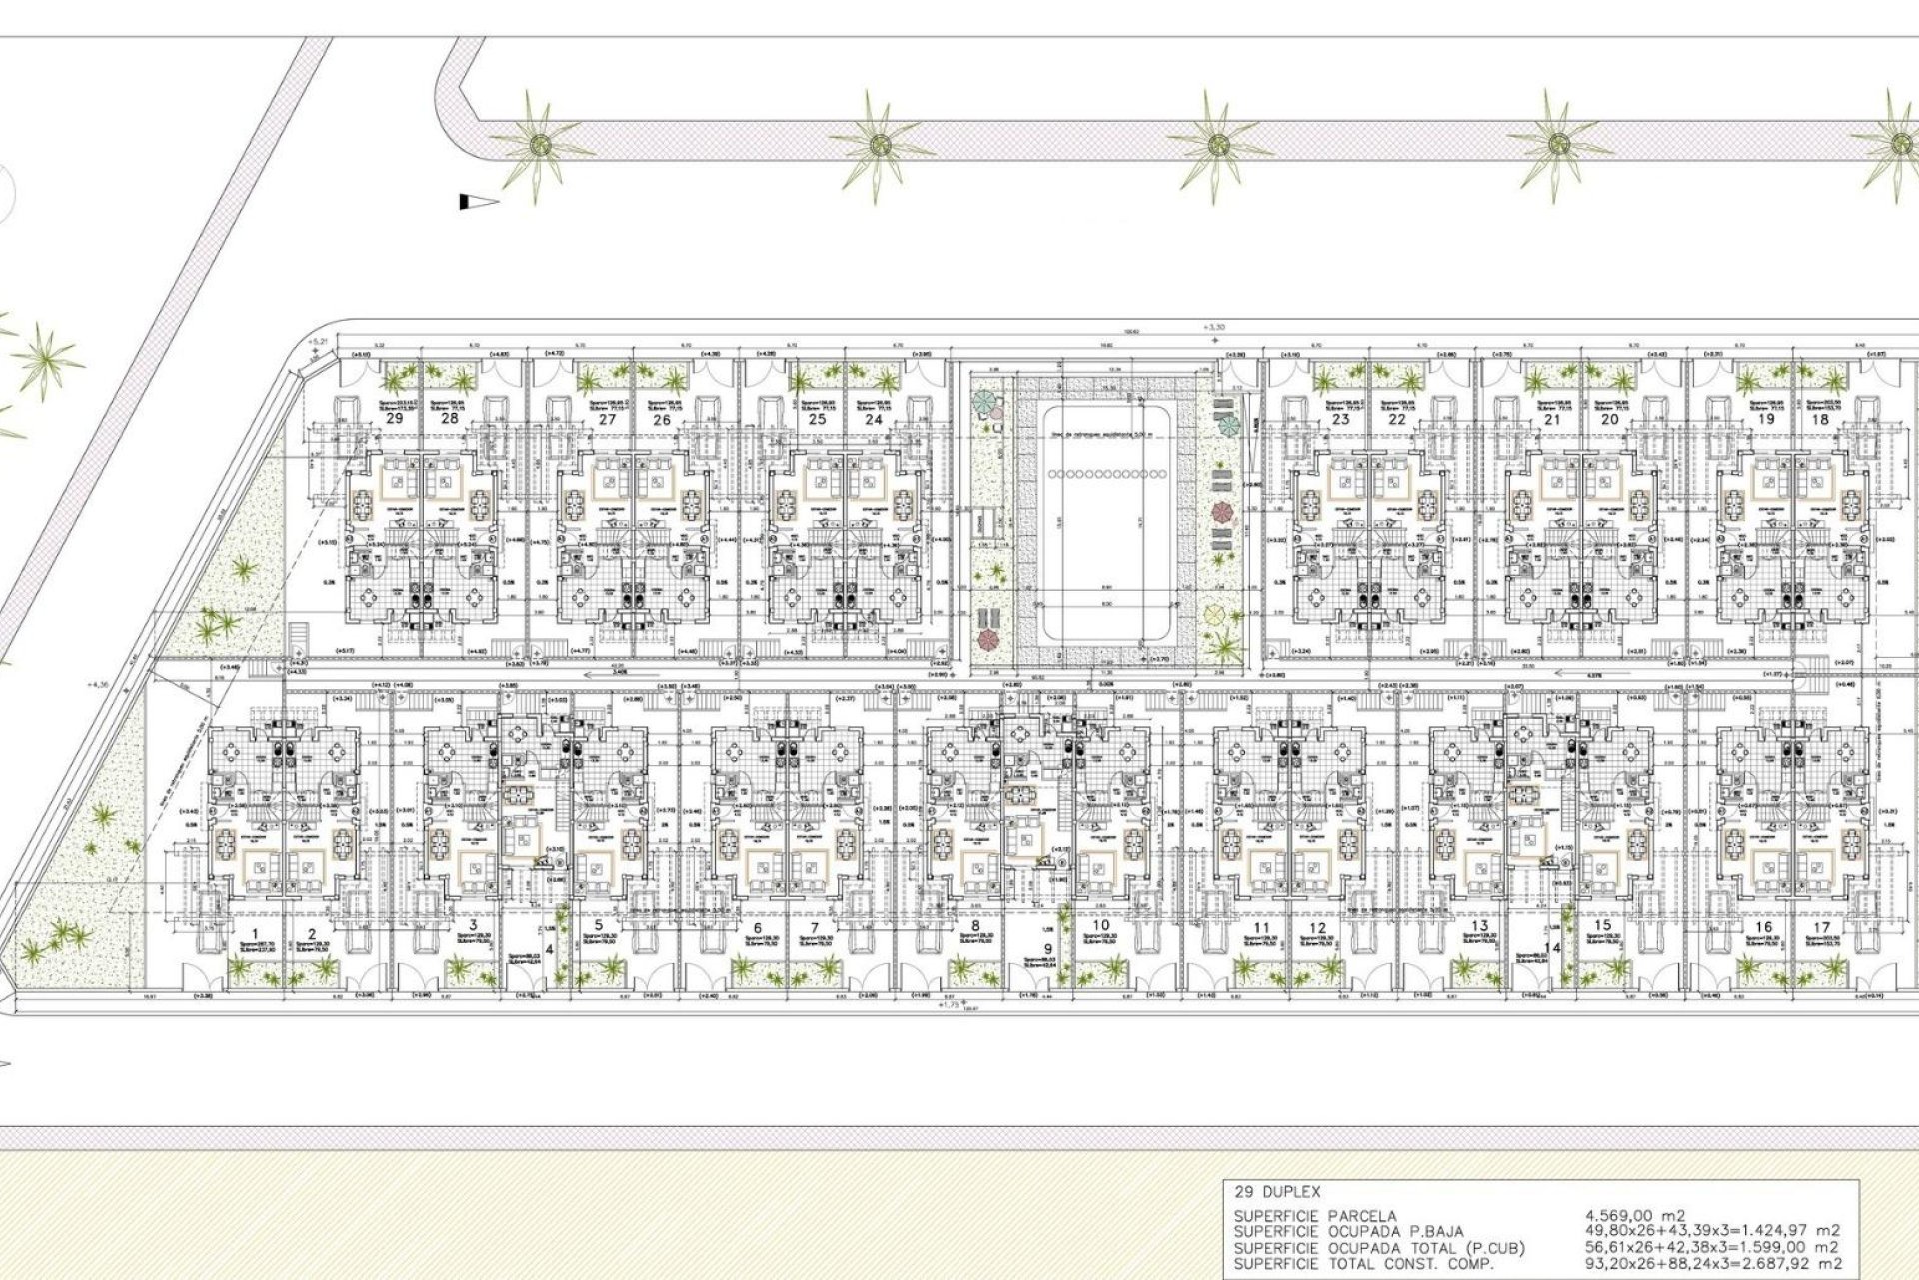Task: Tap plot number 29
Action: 394,420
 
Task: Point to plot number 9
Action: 1048,949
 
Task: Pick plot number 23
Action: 1340,420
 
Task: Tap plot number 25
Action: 817,420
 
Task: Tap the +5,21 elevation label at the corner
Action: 318,343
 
